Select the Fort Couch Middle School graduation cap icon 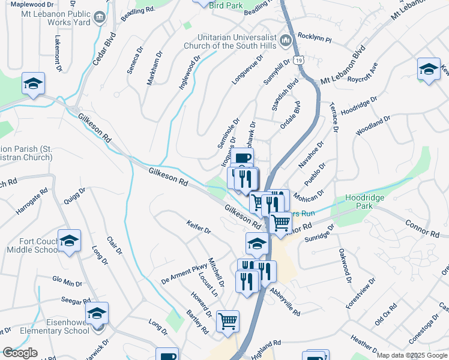pos(70,241)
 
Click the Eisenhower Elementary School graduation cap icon pos(96,313)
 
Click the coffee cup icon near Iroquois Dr pos(243,159)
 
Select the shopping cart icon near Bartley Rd pos(228,322)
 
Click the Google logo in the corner pos(20,353)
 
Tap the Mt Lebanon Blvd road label pos(343,65)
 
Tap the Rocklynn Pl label pos(315,37)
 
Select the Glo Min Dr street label pos(67,281)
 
